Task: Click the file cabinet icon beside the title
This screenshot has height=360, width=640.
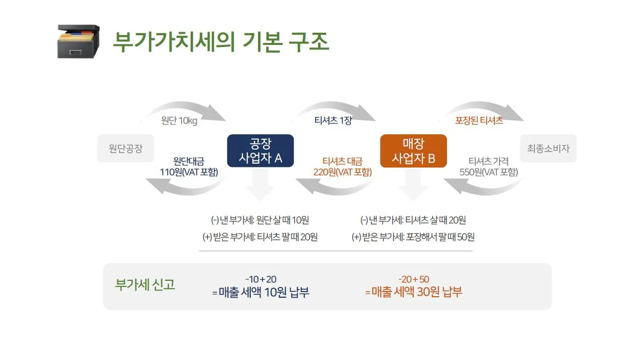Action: click(78, 41)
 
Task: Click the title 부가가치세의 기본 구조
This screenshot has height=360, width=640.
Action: click(221, 42)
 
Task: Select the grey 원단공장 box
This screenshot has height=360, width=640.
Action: click(125, 149)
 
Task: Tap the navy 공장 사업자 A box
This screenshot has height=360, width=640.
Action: click(260, 151)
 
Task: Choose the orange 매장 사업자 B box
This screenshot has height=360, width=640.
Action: click(413, 151)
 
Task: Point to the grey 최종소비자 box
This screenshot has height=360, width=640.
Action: click(548, 149)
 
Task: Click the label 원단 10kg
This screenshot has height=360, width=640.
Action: click(179, 121)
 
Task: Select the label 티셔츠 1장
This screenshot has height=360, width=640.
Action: click(333, 121)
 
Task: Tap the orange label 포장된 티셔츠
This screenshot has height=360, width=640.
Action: click(479, 121)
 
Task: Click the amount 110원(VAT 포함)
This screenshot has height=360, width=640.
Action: click(189, 172)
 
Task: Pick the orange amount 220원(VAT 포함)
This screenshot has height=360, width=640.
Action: click(342, 172)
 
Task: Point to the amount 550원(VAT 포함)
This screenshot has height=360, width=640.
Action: click(488, 172)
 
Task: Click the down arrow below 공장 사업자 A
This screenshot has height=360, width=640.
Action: click(260, 185)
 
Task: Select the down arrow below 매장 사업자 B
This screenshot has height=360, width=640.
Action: click(413, 185)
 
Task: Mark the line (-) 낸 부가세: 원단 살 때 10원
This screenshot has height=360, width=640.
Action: click(260, 220)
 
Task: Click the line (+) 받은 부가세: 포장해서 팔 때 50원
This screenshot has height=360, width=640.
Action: click(413, 237)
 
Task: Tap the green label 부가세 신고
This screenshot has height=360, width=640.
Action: click(145, 285)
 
